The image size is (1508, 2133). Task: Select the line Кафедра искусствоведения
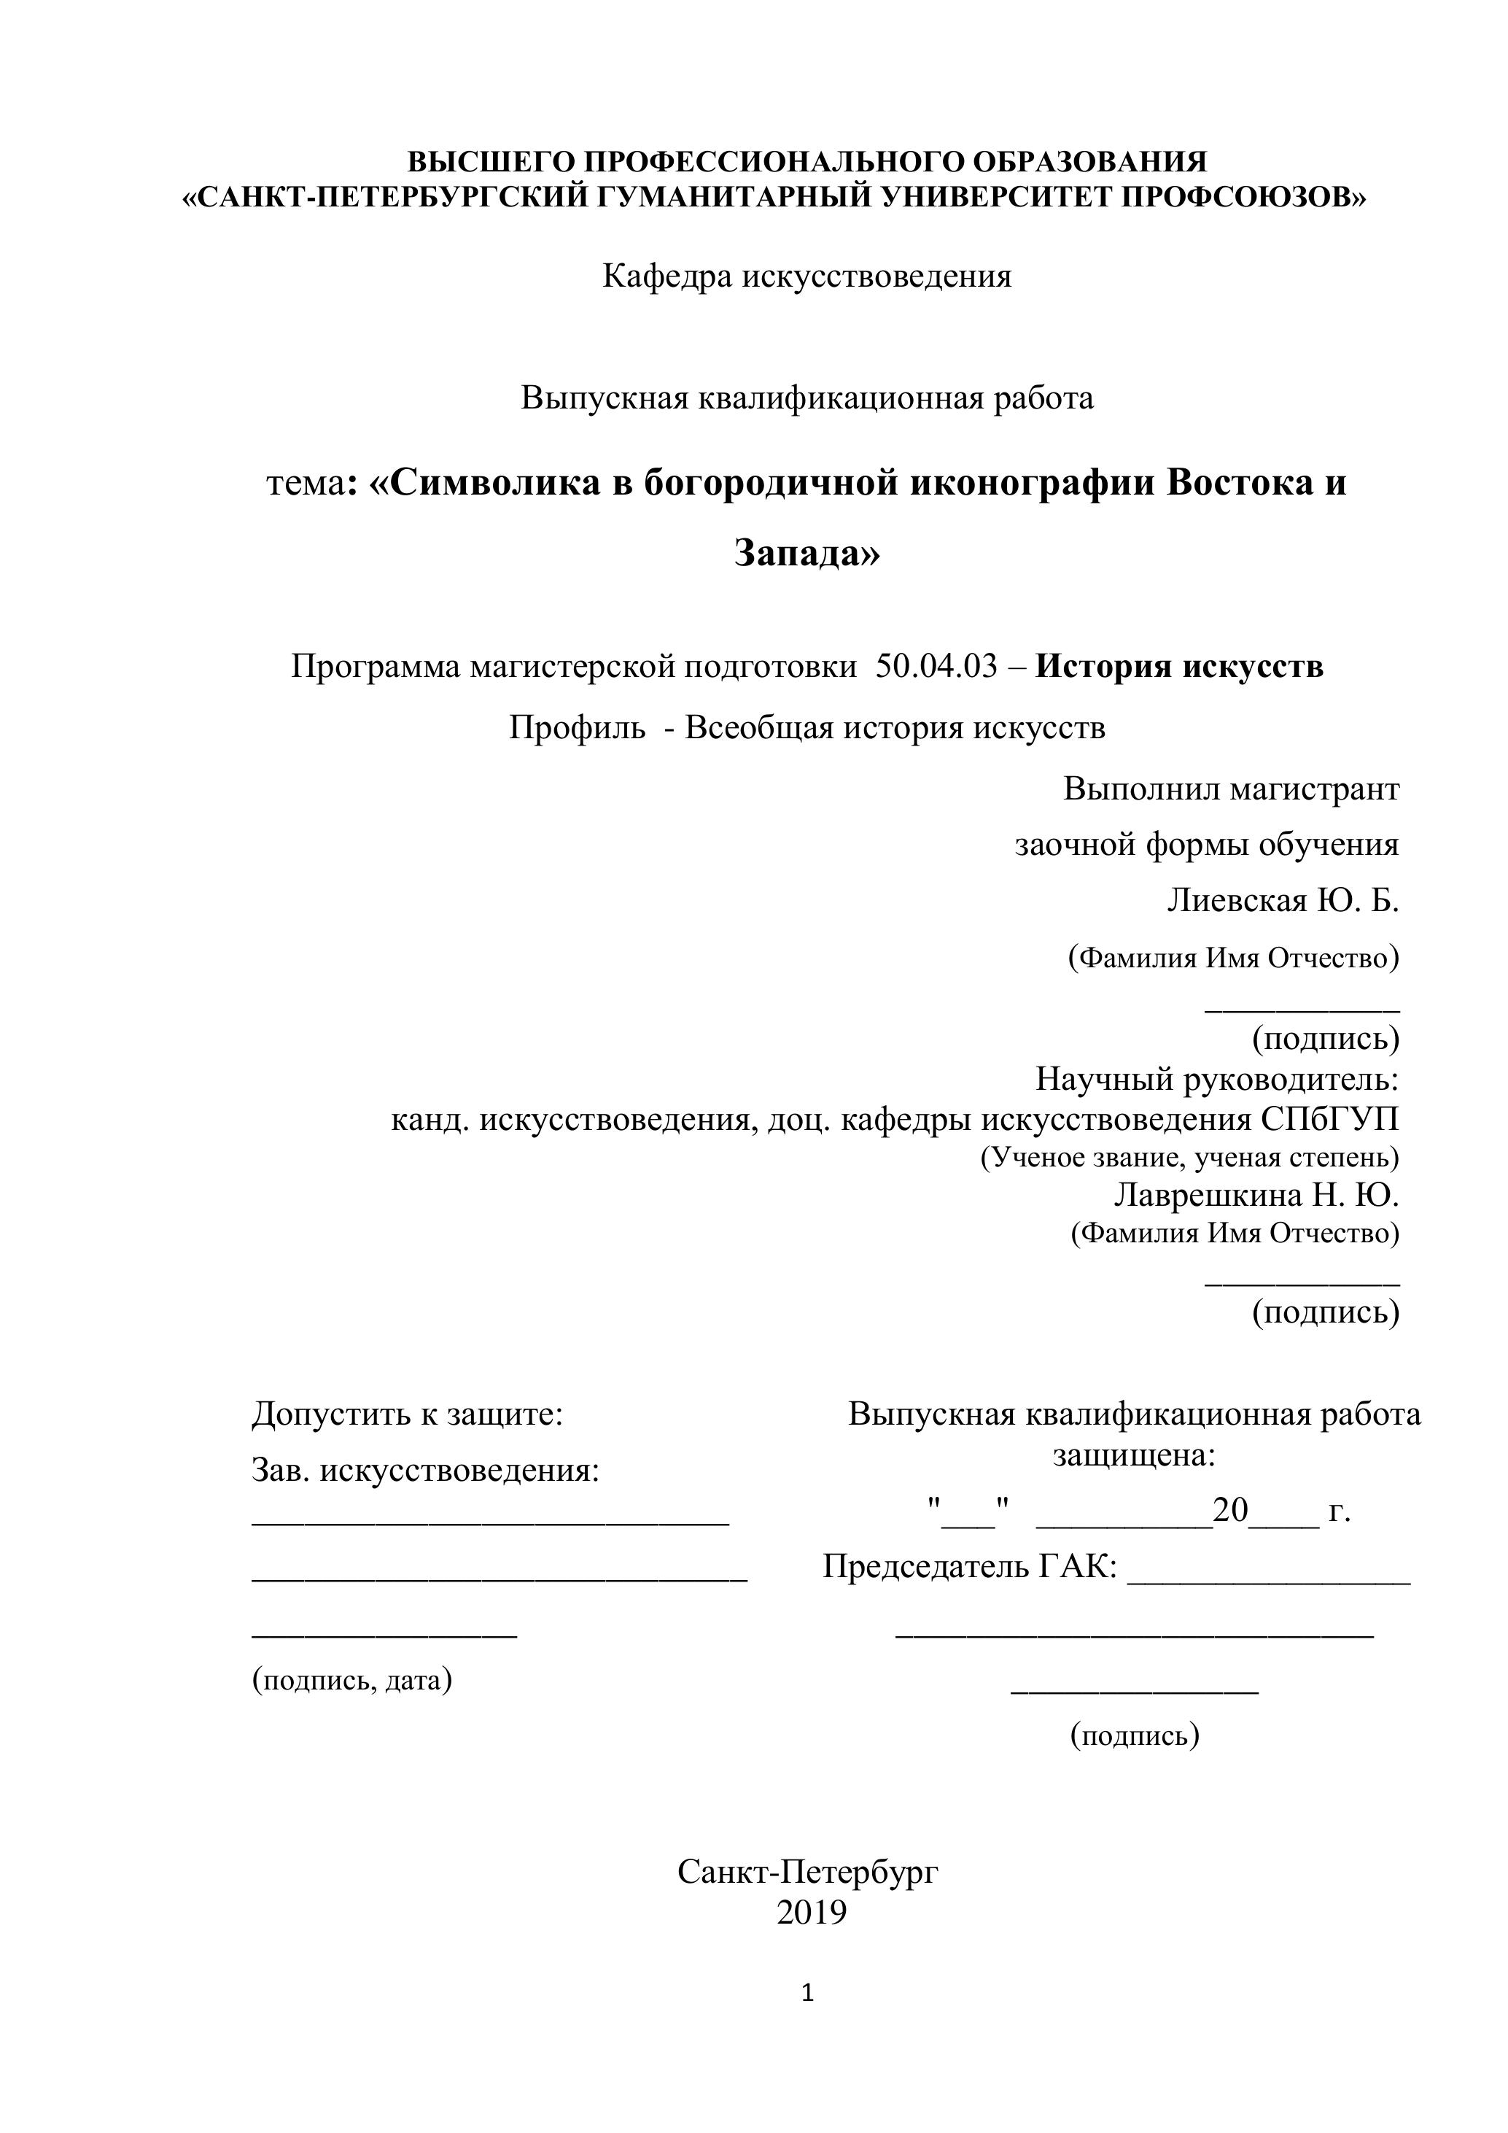click(x=807, y=276)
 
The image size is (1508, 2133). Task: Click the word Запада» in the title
click(x=807, y=553)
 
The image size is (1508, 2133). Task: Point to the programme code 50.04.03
click(x=936, y=666)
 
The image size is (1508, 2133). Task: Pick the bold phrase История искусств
click(x=1179, y=666)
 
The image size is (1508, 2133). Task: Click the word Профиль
click(x=577, y=727)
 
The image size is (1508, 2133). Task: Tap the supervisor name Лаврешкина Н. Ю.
click(x=1256, y=1195)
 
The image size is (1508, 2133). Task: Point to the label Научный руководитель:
click(x=1217, y=1080)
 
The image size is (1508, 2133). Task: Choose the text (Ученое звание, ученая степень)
click(x=1189, y=1158)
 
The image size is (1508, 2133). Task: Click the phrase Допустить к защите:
click(x=408, y=1414)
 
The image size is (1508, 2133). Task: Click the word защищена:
click(x=1134, y=1455)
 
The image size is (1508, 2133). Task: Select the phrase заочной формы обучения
click(x=1206, y=845)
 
